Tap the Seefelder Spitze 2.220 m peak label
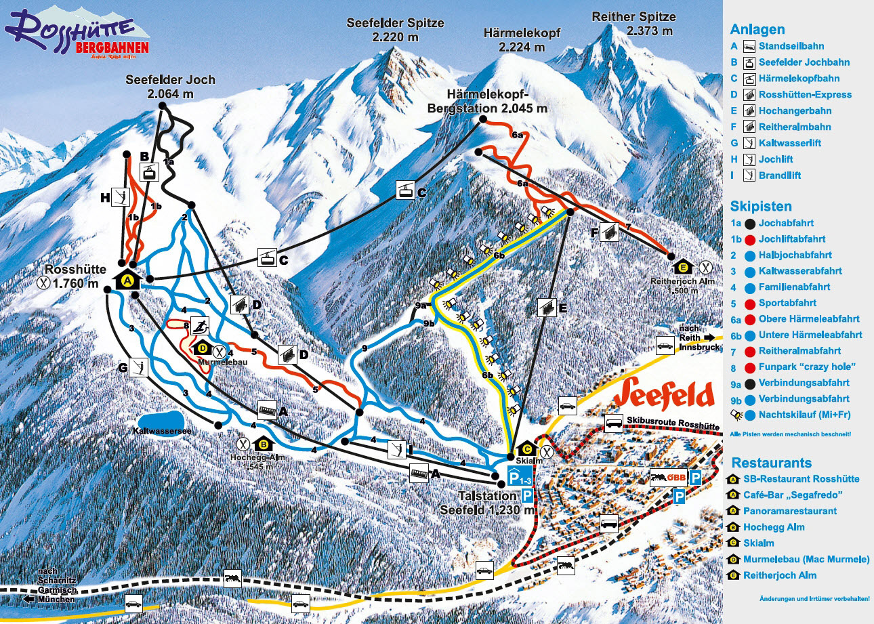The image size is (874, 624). click(x=395, y=29)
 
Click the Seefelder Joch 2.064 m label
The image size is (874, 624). click(x=170, y=87)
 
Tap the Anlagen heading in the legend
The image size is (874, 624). click(x=757, y=29)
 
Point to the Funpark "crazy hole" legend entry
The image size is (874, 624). click(x=799, y=367)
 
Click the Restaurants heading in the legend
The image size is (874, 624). click(x=770, y=463)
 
